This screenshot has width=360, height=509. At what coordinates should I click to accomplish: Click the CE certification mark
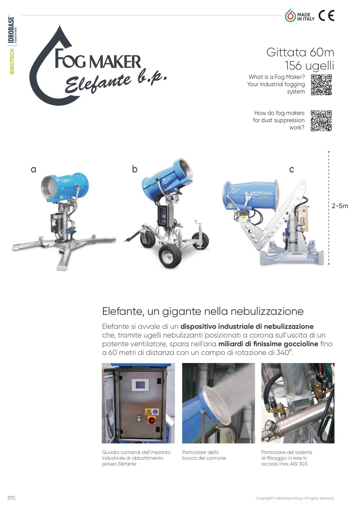[326, 16]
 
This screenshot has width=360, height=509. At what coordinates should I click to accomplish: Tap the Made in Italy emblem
[300, 16]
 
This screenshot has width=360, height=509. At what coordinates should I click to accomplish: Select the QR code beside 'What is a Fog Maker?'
[321, 85]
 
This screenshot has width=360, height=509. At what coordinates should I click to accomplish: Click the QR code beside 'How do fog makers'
[321, 120]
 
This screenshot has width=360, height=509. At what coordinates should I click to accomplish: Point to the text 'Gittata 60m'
[300, 52]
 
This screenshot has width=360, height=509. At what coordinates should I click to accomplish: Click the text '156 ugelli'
[310, 66]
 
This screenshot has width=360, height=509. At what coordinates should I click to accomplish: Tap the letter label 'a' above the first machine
[34, 169]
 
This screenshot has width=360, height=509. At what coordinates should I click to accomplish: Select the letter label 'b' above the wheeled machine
[135, 169]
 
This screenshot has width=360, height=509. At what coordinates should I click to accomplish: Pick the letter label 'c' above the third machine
[292, 169]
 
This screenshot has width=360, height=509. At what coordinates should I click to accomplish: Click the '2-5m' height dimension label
[340, 206]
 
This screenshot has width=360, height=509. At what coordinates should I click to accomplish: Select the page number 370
[11, 498]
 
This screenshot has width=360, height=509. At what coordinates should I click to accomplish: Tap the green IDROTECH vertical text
[12, 62]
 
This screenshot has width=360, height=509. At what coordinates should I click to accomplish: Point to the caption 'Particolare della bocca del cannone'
[204, 455]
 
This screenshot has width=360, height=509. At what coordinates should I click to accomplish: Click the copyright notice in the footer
[295, 498]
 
